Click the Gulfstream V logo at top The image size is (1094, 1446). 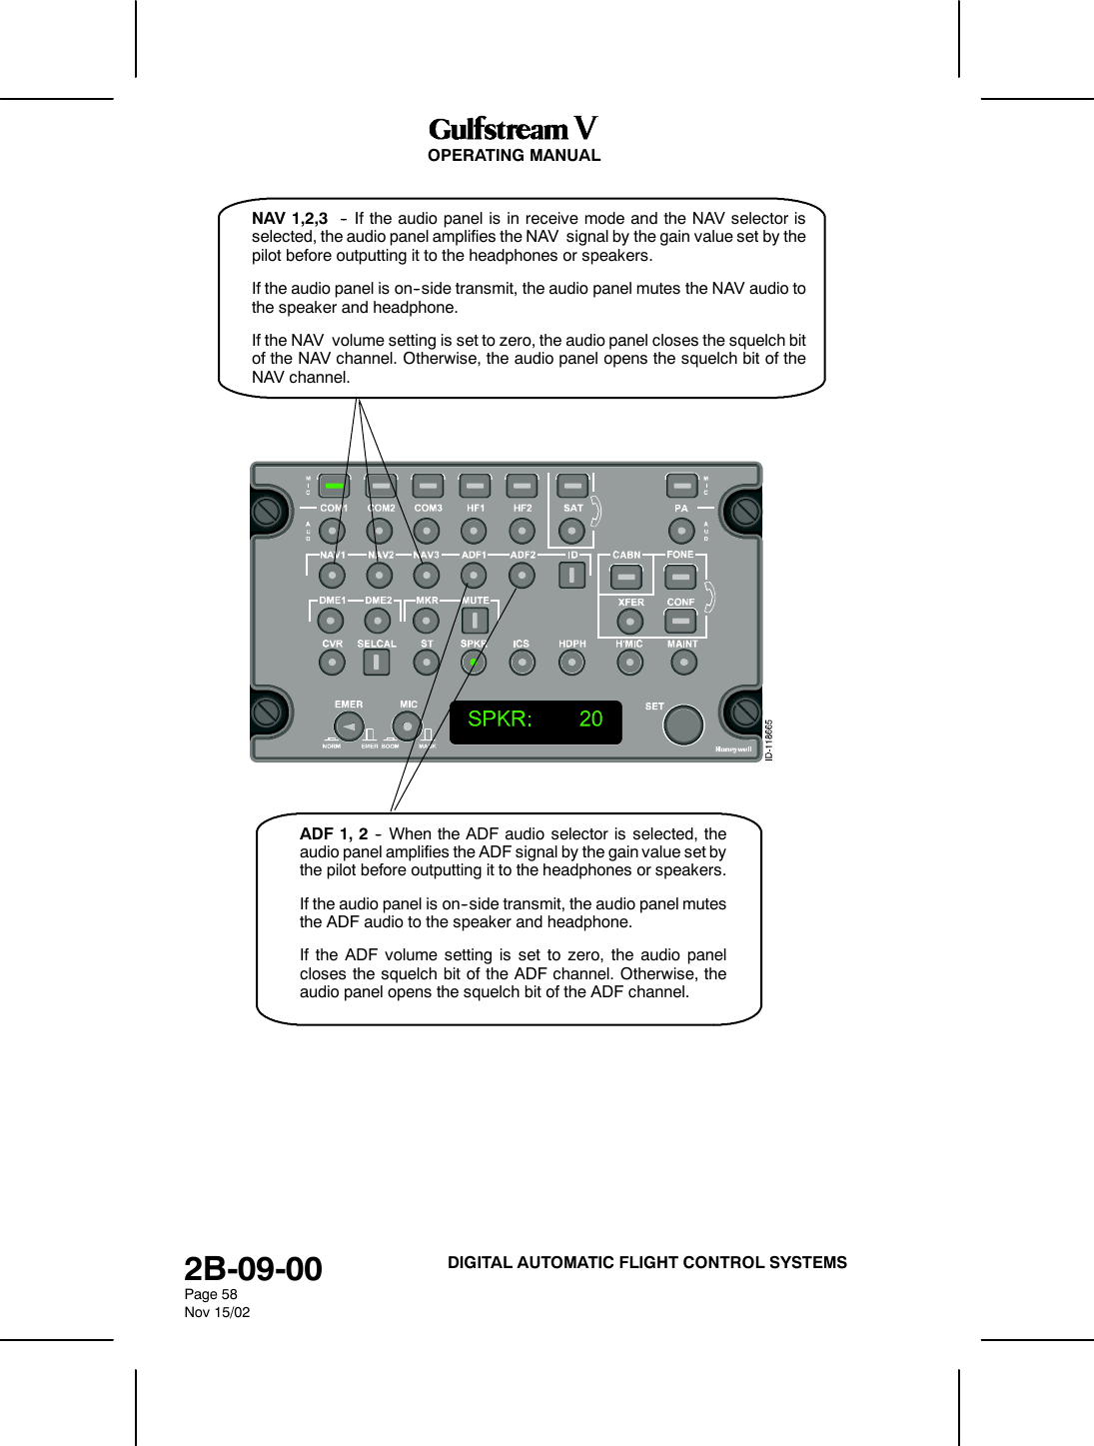(x=513, y=129)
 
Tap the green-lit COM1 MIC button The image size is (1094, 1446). (x=334, y=486)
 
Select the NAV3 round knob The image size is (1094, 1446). (x=427, y=576)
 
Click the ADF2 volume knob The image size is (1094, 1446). (x=522, y=576)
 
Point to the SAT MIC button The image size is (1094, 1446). (x=572, y=486)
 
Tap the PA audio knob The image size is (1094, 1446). (x=681, y=531)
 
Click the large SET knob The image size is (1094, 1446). (x=683, y=724)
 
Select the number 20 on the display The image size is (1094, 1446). (x=590, y=719)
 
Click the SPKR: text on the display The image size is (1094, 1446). (x=500, y=719)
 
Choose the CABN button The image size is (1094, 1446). (x=626, y=578)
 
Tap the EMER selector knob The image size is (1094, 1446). (x=349, y=726)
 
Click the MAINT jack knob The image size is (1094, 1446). (x=683, y=663)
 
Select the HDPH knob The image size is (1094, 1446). (x=571, y=663)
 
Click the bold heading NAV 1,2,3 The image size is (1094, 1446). (x=290, y=218)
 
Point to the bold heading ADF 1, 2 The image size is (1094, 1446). (x=334, y=833)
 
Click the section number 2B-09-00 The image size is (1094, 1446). (x=253, y=1268)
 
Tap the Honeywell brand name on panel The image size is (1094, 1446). (x=733, y=749)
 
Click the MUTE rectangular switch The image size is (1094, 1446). (x=475, y=621)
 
